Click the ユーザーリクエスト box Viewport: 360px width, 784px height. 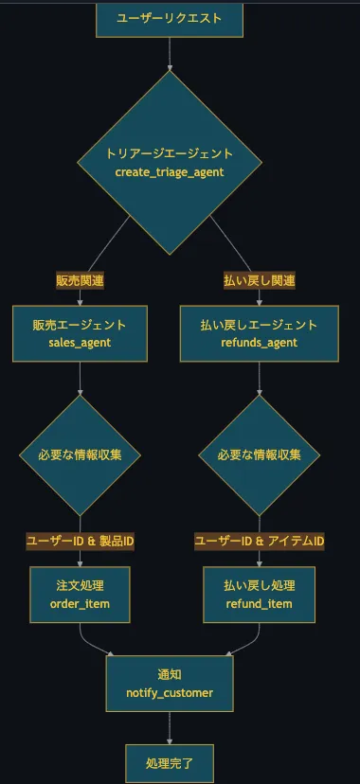click(x=170, y=19)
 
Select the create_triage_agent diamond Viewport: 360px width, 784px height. click(x=170, y=162)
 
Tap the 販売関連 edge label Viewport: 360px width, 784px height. click(x=80, y=280)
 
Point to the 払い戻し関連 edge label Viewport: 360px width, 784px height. click(x=260, y=280)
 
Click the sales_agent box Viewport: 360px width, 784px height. click(x=80, y=333)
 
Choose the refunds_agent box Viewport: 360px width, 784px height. click(x=260, y=333)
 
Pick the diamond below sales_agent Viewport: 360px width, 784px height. click(x=80, y=454)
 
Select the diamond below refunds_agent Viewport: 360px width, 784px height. click(x=260, y=454)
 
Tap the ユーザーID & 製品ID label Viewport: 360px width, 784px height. click(x=80, y=541)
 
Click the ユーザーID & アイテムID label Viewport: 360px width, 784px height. click(x=260, y=541)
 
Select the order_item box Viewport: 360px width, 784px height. click(x=80, y=595)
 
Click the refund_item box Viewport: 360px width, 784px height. click(x=260, y=595)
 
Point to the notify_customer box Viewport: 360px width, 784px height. click(x=170, y=684)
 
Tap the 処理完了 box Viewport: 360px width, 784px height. click(x=170, y=762)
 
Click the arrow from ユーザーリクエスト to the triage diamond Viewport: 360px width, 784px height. click(x=170, y=55)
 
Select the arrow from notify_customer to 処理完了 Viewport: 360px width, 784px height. click(x=170, y=727)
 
